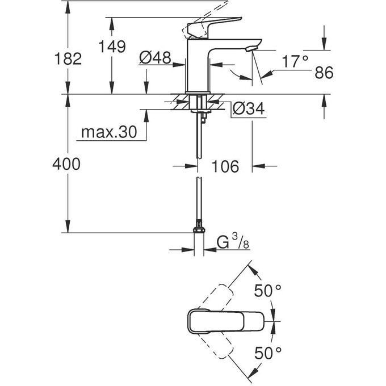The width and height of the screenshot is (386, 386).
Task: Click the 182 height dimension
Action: click(66, 58)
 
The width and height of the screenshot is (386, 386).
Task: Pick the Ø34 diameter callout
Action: click(250, 109)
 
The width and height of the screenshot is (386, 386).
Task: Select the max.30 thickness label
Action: click(108, 132)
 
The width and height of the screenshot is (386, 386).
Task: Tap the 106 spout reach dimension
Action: click(225, 166)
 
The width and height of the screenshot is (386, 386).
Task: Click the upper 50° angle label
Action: click(267, 291)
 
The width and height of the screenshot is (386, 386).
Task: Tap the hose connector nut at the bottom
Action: click(198, 230)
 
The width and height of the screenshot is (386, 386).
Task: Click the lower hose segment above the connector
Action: click(198, 202)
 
